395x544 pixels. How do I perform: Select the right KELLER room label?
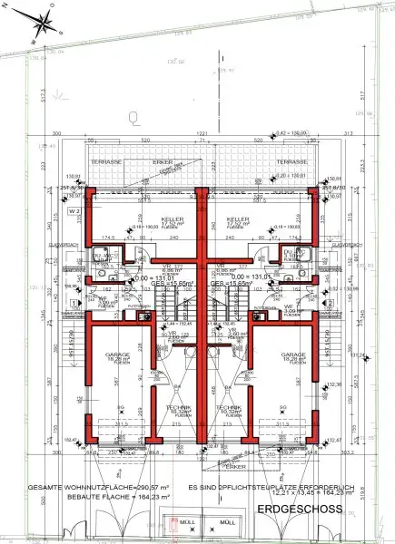click(239, 219)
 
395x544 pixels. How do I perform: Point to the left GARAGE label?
click(117, 355)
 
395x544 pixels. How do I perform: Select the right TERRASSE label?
click(292, 160)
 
